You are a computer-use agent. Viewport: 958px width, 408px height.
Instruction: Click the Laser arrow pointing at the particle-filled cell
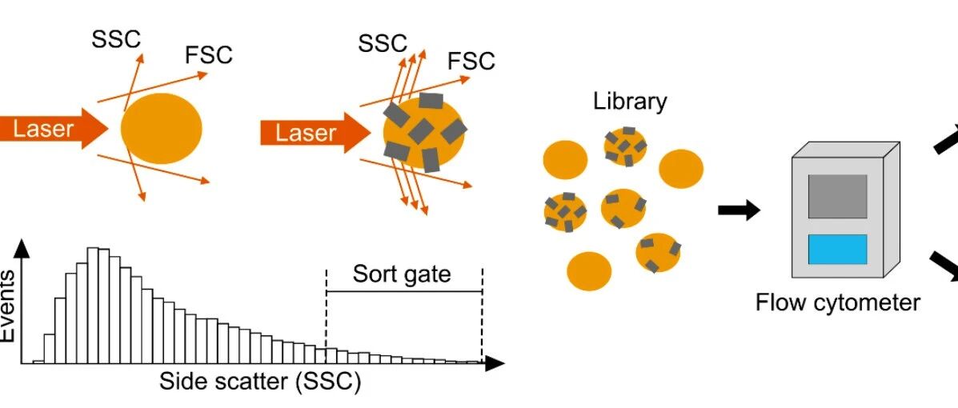click(x=315, y=133)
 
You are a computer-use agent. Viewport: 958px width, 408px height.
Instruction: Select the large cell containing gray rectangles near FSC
click(x=423, y=132)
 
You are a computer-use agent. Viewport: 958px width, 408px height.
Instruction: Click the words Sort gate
click(x=402, y=273)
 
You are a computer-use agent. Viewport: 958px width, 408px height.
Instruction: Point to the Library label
click(x=630, y=102)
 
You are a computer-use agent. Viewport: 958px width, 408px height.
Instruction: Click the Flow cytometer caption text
click(x=838, y=302)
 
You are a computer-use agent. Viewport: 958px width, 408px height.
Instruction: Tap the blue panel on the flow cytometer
click(x=837, y=249)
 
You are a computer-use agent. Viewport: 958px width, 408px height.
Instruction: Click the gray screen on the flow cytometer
click(x=837, y=197)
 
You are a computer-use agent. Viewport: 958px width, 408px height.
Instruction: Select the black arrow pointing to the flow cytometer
click(x=739, y=210)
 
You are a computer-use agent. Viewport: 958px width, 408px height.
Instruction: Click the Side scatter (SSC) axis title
click(x=260, y=382)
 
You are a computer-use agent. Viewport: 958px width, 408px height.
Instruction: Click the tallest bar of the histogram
click(x=94, y=306)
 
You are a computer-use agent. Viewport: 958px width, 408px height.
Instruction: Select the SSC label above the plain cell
click(x=116, y=39)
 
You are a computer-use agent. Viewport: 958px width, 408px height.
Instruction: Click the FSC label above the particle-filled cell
click(x=471, y=61)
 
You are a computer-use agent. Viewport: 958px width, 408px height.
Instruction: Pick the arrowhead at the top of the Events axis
click(x=22, y=247)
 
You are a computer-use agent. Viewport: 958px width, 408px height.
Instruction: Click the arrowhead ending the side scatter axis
click(x=495, y=364)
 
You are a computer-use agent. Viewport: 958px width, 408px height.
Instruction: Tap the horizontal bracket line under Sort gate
click(x=404, y=291)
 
